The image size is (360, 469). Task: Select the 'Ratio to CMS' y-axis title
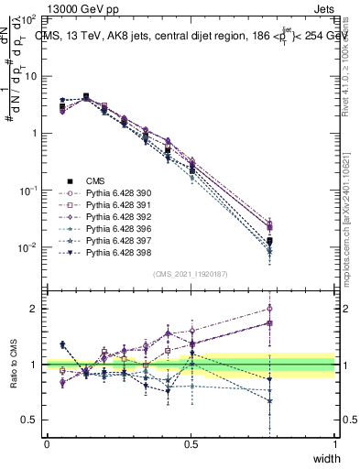(14, 365)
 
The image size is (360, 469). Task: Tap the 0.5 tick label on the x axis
(191, 443)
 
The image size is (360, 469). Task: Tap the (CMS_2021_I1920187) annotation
(191, 274)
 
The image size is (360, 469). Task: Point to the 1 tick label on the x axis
(334, 443)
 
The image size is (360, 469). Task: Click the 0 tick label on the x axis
(47, 443)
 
